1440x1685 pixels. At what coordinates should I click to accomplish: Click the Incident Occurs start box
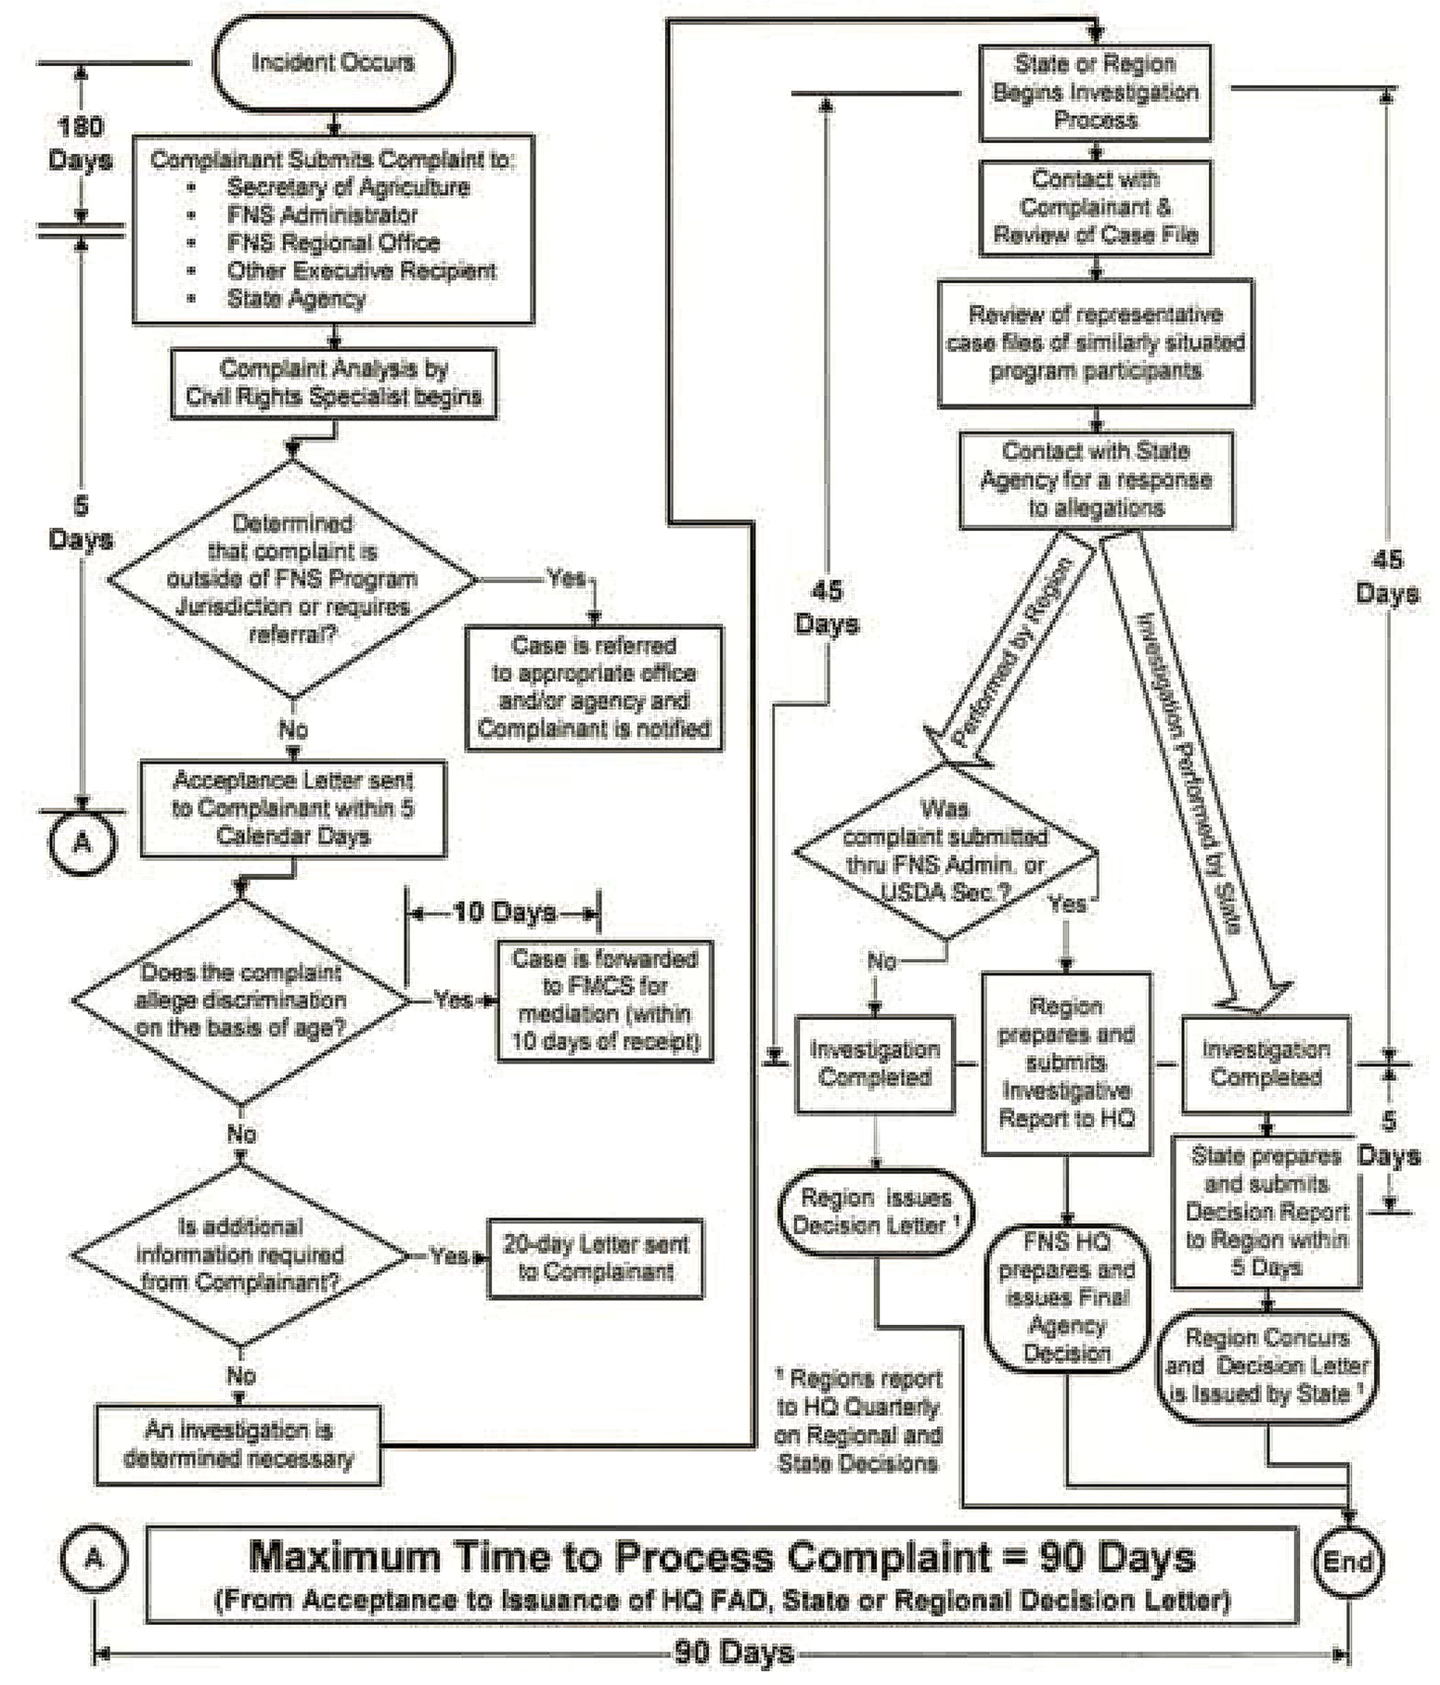coord(333,63)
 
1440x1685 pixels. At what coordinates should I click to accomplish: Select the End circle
coord(1347,1561)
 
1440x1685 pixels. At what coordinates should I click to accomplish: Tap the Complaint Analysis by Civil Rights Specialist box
coord(333,383)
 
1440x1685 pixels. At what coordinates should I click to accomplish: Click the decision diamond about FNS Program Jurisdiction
coord(292,579)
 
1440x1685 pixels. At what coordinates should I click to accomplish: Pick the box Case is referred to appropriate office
coord(594,688)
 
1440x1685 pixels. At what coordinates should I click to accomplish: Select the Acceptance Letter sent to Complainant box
coord(293,808)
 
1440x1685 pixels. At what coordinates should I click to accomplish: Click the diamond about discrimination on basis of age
coord(241,1000)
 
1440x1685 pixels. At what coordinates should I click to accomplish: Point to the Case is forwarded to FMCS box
coord(605,1000)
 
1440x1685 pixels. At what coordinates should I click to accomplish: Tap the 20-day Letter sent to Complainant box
coord(596,1258)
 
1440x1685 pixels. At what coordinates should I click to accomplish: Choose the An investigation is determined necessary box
coord(238,1446)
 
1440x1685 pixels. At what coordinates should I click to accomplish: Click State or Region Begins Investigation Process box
coord(1095,92)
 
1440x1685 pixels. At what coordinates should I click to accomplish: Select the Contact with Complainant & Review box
coord(1095,207)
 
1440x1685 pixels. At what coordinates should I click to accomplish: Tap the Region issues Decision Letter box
coord(875,1212)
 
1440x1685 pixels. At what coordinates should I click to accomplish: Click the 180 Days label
coord(80,143)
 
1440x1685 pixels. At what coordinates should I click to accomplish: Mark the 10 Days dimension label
coord(504,913)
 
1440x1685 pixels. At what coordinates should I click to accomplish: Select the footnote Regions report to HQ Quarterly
coord(858,1421)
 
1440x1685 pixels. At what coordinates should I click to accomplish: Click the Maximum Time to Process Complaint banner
coord(721,1575)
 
